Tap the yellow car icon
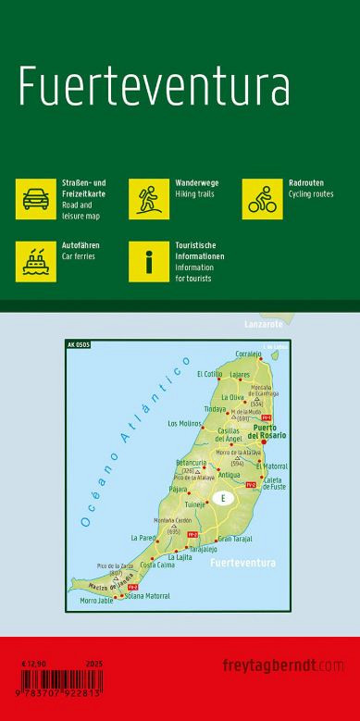[36, 199]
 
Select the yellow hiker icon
[148, 199]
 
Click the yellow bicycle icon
[262, 199]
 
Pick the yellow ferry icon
[36, 261]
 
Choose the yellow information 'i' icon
[148, 261]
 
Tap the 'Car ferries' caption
[79, 255]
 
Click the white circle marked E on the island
[222, 499]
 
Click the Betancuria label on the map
[191, 460]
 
